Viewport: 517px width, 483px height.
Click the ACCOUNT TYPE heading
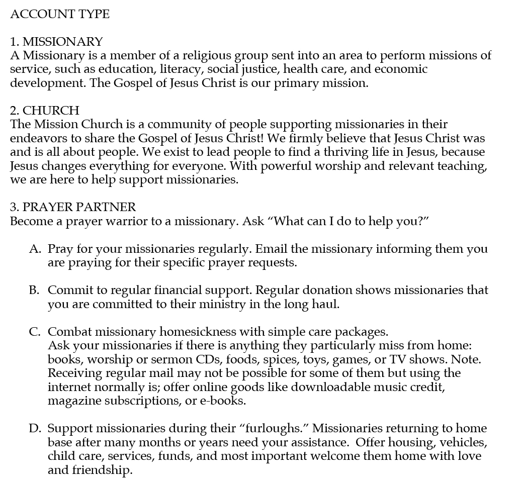pos(60,14)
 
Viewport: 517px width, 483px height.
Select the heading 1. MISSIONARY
pos(56,41)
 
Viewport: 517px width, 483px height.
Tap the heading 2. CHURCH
pos(45,110)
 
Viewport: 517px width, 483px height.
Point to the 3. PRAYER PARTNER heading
pos(73,207)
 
